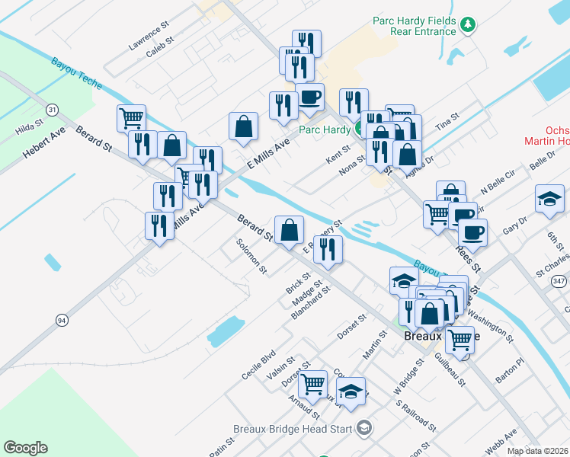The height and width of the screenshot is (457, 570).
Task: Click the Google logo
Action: click(25, 448)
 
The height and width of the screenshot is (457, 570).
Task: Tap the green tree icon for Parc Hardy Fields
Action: click(469, 26)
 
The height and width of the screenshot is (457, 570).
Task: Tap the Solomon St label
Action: click(251, 256)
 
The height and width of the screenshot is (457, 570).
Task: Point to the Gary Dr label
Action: click(515, 226)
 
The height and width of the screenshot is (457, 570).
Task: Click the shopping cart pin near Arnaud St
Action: click(312, 385)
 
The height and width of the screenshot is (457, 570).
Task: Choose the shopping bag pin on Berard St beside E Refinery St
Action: click(289, 230)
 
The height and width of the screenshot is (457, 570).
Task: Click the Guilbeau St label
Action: click(450, 369)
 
